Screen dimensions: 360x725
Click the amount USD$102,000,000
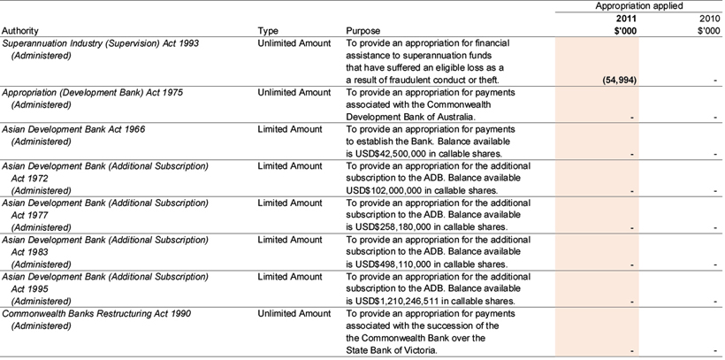click(386, 190)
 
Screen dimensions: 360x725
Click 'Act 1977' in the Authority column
click(31, 215)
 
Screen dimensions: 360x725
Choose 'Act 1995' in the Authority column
click(31, 288)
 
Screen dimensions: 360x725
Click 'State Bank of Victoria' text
click(391, 350)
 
